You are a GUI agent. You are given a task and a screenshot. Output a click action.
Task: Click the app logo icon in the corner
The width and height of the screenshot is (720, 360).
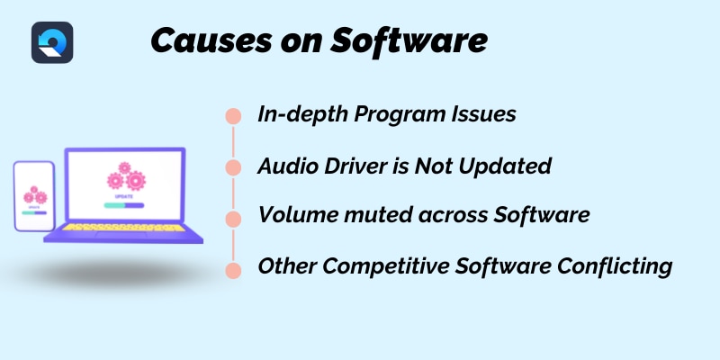52,42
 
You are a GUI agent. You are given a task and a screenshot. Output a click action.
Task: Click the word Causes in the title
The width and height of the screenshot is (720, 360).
211,41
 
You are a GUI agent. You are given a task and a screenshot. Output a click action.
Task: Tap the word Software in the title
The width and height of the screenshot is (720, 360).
409,41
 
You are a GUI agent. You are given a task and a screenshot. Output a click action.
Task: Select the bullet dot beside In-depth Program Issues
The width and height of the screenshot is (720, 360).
233,116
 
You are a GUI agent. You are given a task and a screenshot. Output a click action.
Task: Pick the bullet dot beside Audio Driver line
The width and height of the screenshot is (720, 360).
233,167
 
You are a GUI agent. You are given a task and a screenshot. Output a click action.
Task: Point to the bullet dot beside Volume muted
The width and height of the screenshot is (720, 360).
233,219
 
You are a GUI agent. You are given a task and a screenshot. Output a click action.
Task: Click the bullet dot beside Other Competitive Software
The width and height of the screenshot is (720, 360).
233,271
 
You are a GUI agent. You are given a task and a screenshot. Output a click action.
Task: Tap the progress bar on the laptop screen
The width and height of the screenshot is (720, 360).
124,205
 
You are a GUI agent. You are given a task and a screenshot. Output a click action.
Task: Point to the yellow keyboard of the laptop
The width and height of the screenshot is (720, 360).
124,228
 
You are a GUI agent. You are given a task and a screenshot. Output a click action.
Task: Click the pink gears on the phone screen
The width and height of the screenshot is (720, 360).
34,195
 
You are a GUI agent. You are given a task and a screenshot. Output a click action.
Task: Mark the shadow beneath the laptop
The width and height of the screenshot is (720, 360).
115,274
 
